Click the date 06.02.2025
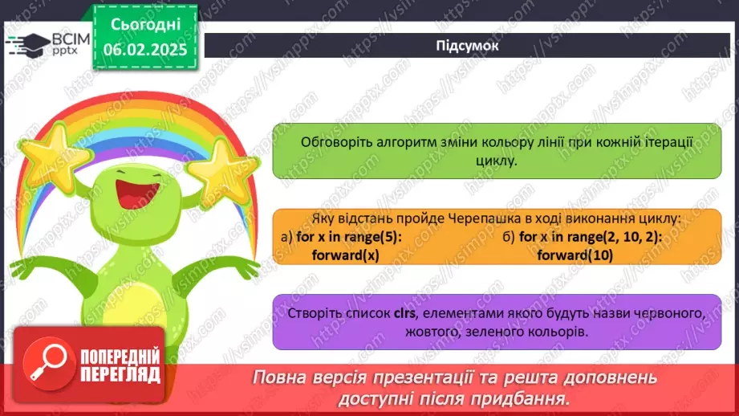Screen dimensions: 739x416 tap(145, 50)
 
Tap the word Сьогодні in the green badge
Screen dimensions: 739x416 tap(145, 25)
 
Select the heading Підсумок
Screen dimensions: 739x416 tap(467, 46)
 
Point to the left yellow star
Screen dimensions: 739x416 tap(55, 152)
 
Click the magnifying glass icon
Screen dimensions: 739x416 tap(47, 362)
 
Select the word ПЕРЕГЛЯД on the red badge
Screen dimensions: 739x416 tap(120, 375)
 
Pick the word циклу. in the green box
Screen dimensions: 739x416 tap(497, 161)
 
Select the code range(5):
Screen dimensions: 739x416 tap(371, 237)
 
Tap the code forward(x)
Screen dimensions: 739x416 tap(346, 255)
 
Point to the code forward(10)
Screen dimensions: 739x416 tap(575, 255)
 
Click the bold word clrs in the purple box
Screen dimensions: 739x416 tap(405, 313)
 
